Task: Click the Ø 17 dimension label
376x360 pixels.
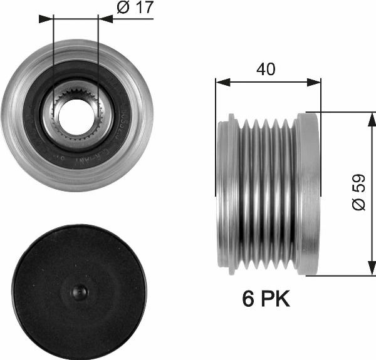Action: point(135,8)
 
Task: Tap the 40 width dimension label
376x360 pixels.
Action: point(266,69)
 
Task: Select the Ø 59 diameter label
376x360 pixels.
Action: point(358,194)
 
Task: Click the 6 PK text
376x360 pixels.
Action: point(266,299)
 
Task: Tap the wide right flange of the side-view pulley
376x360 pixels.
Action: point(308,193)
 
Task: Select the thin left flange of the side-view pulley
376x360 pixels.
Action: point(222,193)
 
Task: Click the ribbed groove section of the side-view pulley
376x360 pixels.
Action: point(263,193)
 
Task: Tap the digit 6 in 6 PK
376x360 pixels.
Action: point(248,299)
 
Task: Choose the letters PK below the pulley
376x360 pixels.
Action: point(276,299)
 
